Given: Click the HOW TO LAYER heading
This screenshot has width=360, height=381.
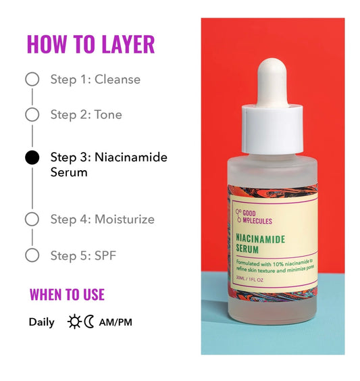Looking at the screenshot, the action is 91,44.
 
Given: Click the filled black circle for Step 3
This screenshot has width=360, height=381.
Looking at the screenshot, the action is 32,157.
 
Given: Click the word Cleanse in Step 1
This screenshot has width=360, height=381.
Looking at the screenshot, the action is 118,79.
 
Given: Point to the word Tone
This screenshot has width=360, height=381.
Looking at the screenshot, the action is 108,114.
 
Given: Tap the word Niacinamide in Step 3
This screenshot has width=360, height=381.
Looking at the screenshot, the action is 131,157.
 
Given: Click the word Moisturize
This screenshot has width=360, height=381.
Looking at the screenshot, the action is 124,219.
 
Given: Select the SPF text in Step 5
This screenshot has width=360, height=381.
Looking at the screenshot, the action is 105,255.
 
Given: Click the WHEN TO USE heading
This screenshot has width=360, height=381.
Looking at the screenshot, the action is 67,295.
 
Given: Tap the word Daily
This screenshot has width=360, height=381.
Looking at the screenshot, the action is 42,322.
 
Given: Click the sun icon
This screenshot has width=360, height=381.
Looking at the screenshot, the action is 74,322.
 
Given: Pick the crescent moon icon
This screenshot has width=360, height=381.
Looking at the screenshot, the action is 89,322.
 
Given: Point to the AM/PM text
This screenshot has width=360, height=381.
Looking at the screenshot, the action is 115,322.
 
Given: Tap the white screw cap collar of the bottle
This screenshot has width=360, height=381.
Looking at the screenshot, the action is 272,129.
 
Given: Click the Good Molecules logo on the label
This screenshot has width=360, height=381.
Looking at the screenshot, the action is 254,217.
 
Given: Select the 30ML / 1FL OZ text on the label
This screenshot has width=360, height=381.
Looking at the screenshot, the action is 250,280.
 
